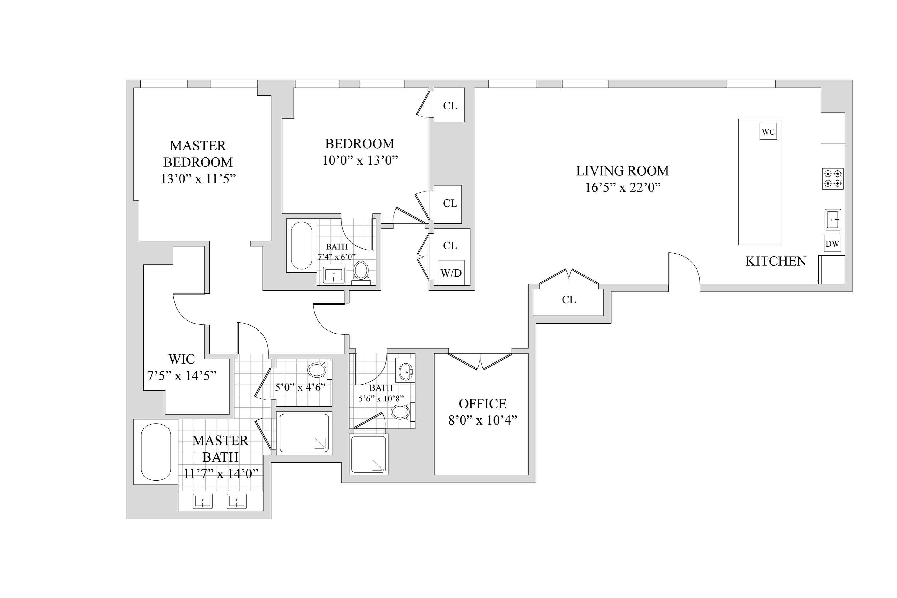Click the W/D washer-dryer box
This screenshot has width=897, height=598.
[x=451, y=273]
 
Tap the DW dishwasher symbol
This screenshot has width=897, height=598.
[x=832, y=244]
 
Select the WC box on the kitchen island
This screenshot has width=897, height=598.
[x=768, y=132]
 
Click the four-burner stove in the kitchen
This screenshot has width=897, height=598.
[x=832, y=179]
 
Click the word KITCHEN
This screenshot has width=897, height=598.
[x=776, y=261]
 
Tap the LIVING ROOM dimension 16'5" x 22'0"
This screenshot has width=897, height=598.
[x=622, y=188]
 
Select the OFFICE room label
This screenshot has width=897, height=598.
[x=482, y=404]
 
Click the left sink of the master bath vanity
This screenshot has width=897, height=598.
[x=203, y=501]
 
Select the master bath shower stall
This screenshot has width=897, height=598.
[x=304, y=433]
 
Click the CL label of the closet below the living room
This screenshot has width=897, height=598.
[x=569, y=300]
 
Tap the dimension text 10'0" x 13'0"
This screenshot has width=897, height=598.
[x=360, y=160]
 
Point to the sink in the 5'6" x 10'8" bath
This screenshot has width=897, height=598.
[x=406, y=370]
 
